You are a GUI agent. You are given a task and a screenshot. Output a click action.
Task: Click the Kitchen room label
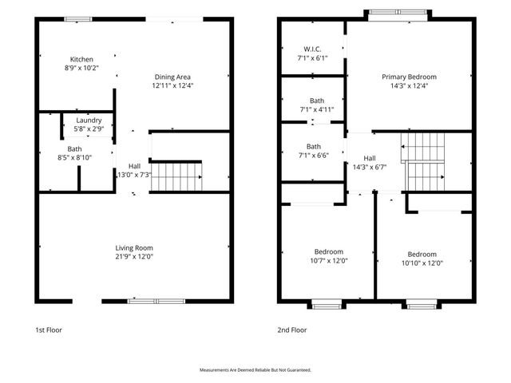point(81,60)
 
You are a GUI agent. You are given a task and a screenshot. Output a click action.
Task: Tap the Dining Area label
point(173,77)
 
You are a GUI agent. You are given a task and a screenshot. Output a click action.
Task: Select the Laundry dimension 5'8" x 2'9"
point(88,129)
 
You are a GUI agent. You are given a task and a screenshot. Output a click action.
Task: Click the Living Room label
point(133,247)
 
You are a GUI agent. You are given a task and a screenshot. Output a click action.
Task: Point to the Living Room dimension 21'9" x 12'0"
point(133,257)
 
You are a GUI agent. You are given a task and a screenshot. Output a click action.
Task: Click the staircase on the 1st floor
point(176,176)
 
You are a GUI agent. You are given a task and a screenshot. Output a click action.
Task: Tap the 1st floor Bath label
point(74,148)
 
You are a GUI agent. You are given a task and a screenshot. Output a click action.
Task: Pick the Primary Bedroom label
point(409,77)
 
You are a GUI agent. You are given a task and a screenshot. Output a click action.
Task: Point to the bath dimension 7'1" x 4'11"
point(311,109)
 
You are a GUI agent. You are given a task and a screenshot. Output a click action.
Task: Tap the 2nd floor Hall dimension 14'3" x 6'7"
point(370,167)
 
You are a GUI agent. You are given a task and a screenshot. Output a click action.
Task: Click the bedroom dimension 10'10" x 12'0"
point(421,263)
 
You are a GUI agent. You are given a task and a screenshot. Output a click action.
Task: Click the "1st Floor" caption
point(48,330)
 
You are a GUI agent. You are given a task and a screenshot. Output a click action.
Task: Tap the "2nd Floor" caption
point(292,330)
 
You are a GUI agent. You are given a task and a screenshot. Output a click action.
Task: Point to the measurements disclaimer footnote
point(255,370)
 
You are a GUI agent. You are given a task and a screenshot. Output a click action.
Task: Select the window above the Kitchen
point(77,18)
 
